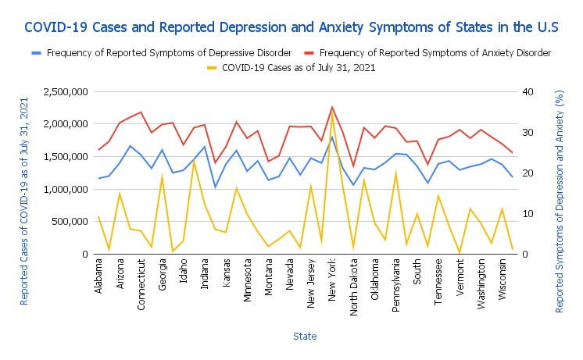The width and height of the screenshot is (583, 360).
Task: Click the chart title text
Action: point(291,27)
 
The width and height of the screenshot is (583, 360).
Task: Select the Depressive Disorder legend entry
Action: point(169,53)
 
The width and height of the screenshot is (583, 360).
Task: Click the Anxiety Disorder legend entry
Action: point(435,53)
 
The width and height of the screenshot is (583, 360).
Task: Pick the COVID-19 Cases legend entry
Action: point(299,68)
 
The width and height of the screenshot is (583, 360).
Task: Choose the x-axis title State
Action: point(304,336)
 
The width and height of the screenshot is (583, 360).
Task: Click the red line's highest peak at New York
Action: point(332,107)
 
